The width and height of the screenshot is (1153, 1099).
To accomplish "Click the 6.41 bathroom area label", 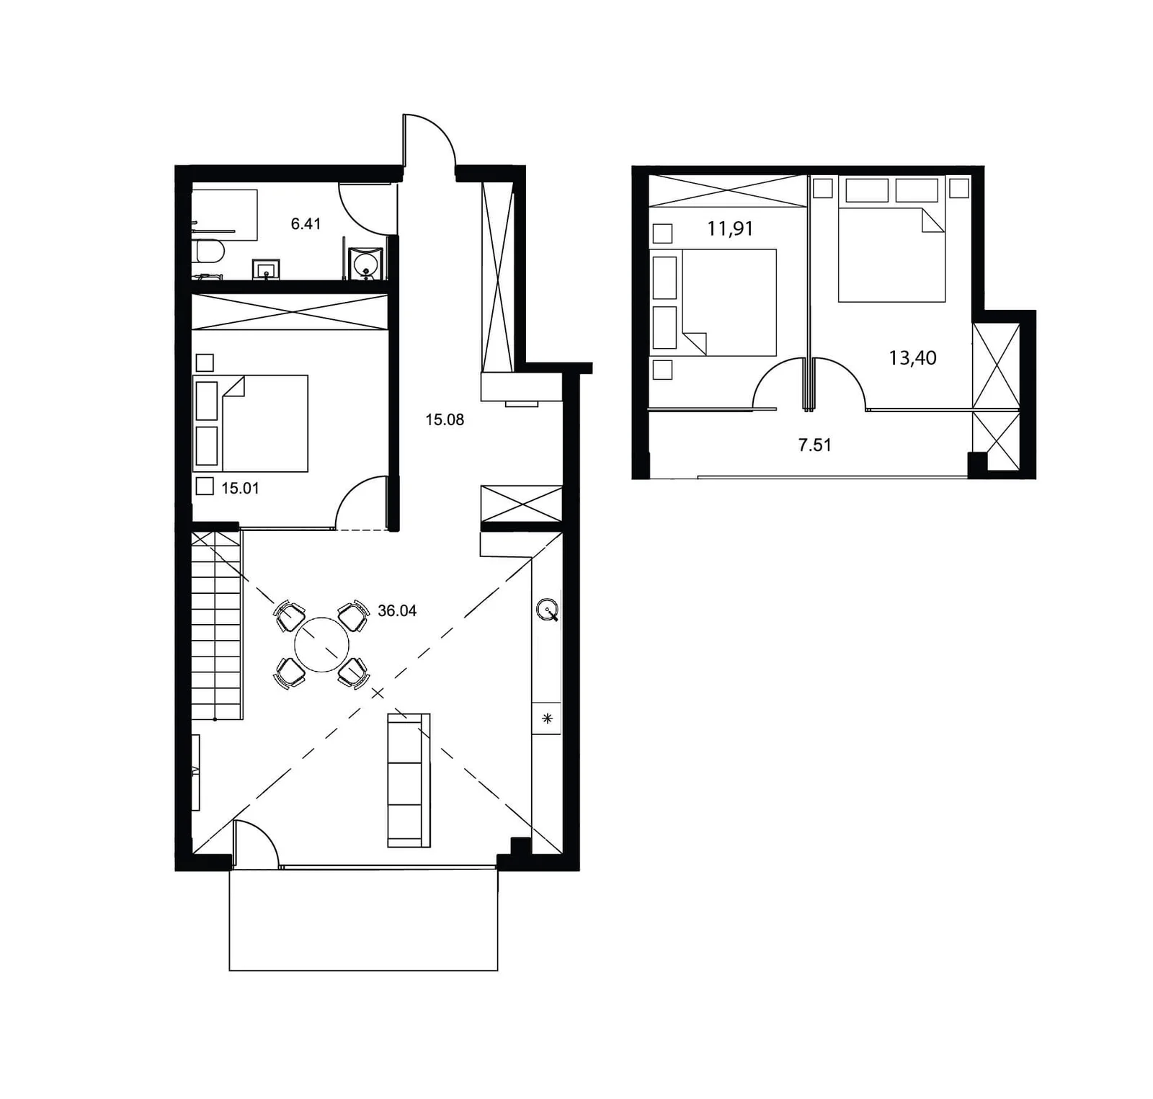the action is [x=306, y=224].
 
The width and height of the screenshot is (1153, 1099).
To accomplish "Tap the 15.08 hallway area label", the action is [x=445, y=419].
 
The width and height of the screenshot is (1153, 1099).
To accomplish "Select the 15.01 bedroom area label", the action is [x=240, y=488].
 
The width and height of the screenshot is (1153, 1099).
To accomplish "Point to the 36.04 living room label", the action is [x=397, y=611].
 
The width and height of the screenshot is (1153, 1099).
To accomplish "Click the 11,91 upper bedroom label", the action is [x=730, y=228].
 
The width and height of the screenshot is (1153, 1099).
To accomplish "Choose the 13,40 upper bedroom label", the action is [x=912, y=357].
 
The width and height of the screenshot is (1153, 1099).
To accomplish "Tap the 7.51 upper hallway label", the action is [x=814, y=445].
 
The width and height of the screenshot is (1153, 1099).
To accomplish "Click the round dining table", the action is [x=321, y=645].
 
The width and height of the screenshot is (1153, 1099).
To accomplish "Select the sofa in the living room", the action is [x=409, y=780].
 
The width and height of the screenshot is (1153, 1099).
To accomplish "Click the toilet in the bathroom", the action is [x=210, y=252].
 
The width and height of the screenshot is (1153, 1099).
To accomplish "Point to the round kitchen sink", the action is [x=548, y=610].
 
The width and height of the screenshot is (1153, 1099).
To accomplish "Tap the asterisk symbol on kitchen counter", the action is [x=547, y=718].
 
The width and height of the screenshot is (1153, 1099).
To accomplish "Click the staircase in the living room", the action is [x=216, y=625].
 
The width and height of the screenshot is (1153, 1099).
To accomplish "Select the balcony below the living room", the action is [x=363, y=920].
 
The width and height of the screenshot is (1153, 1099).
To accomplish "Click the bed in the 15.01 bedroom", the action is [x=251, y=423].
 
